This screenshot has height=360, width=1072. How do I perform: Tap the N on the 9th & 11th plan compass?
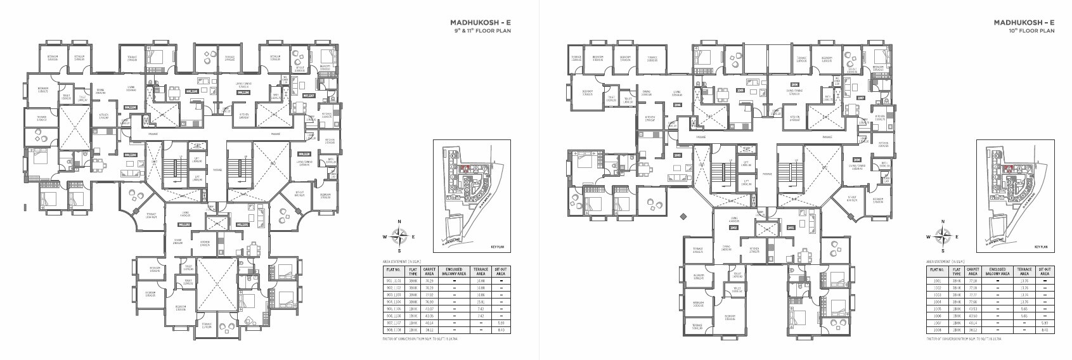pos(399,222)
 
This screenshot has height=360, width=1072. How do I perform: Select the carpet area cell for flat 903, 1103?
pos(430,295)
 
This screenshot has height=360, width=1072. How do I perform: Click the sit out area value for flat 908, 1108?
pos(502,330)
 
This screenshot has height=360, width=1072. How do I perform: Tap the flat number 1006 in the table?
pos(937,316)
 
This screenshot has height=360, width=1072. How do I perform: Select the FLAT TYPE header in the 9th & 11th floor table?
pos(413,271)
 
